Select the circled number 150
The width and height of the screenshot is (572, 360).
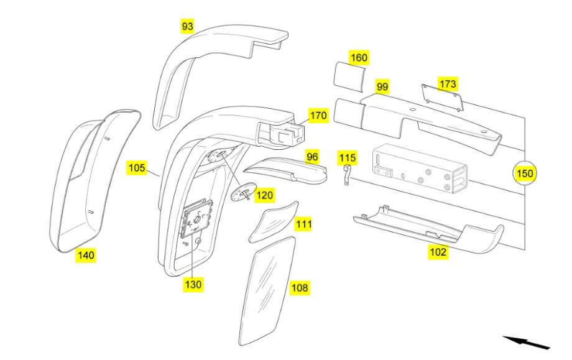pos(525,173)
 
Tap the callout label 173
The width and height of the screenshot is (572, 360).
pos(448,83)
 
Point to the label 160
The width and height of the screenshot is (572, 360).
pos(359,57)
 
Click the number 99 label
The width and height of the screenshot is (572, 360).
pos(382,87)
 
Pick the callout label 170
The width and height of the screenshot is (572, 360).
pos(318,115)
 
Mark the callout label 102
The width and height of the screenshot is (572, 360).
pos(438,253)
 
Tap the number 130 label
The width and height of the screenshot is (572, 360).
pos(193,284)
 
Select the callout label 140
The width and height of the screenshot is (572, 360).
pos(86,254)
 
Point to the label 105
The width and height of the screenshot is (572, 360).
pos(137,167)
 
